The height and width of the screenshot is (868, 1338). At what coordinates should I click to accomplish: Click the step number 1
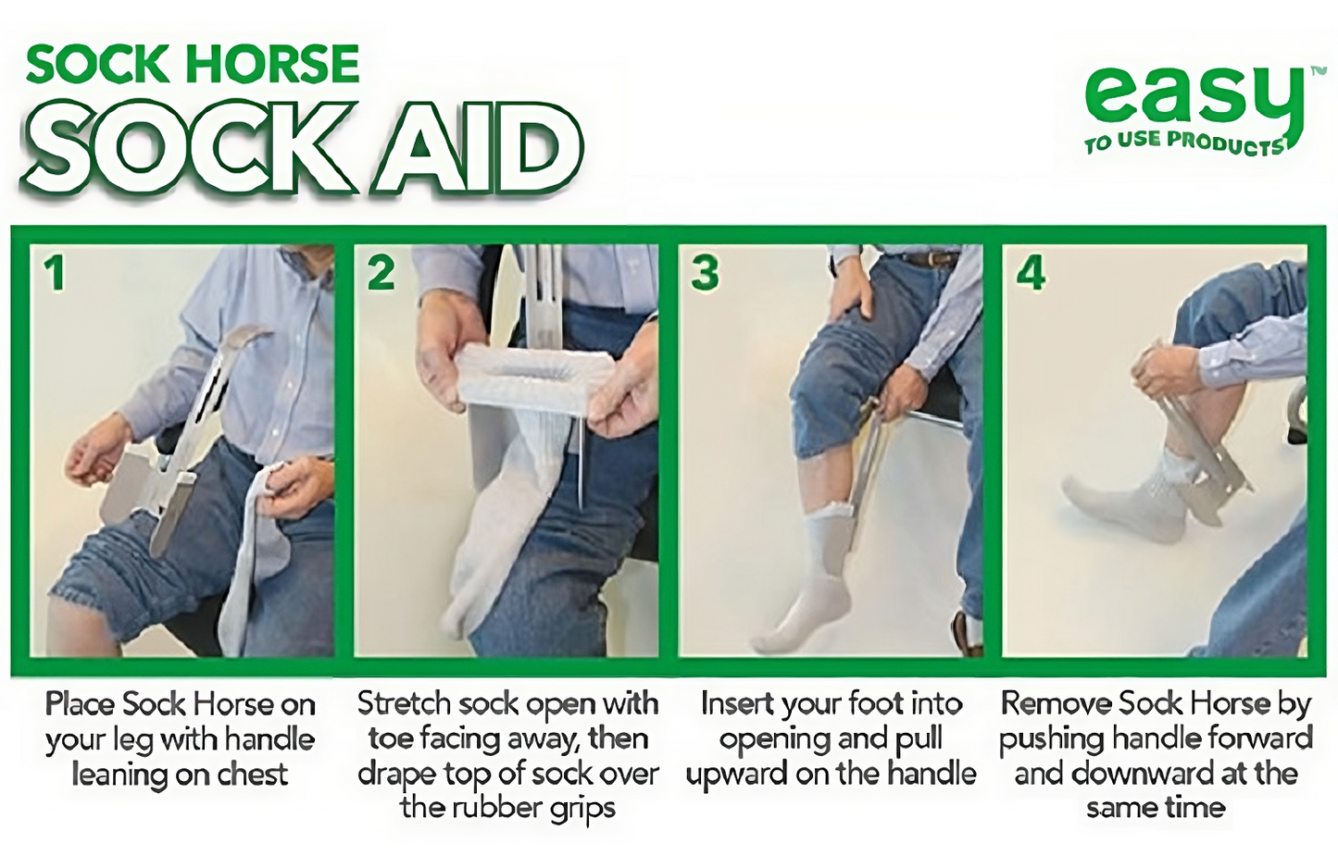[56, 273]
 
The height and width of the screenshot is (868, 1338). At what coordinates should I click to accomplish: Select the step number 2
[381, 273]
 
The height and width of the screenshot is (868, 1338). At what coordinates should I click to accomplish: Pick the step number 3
[705, 273]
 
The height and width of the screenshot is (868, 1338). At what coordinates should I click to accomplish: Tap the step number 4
[1031, 273]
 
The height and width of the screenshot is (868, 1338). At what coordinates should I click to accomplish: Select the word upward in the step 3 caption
[737, 775]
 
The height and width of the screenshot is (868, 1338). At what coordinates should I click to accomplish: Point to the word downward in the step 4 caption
[1132, 775]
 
